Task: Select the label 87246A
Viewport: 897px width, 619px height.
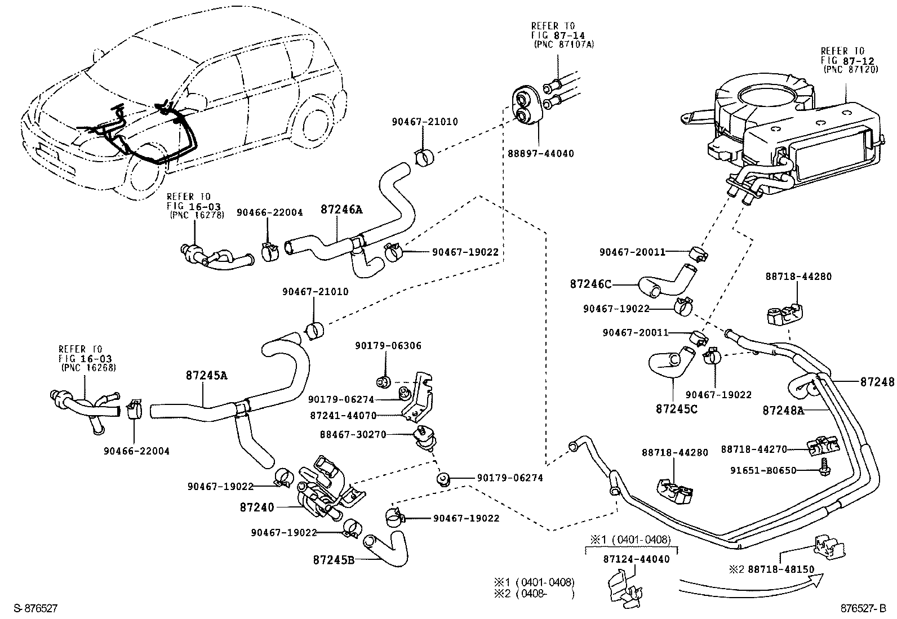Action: pyautogui.click(x=341, y=210)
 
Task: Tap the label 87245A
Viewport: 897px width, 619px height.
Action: pyautogui.click(x=206, y=375)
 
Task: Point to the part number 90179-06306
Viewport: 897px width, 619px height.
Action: pyautogui.click(x=388, y=345)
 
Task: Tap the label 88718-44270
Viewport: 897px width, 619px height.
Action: pyautogui.click(x=754, y=449)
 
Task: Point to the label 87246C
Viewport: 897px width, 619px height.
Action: pyautogui.click(x=590, y=284)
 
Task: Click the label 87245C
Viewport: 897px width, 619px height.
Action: pyautogui.click(x=676, y=408)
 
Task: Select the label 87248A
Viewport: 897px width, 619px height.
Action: pyautogui.click(x=783, y=410)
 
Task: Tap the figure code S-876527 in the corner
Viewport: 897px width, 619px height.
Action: pyautogui.click(x=35, y=608)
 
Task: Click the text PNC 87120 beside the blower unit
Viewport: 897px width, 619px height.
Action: pyautogui.click(x=843, y=69)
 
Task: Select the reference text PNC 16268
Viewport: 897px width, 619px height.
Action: pyautogui.click(x=88, y=368)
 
